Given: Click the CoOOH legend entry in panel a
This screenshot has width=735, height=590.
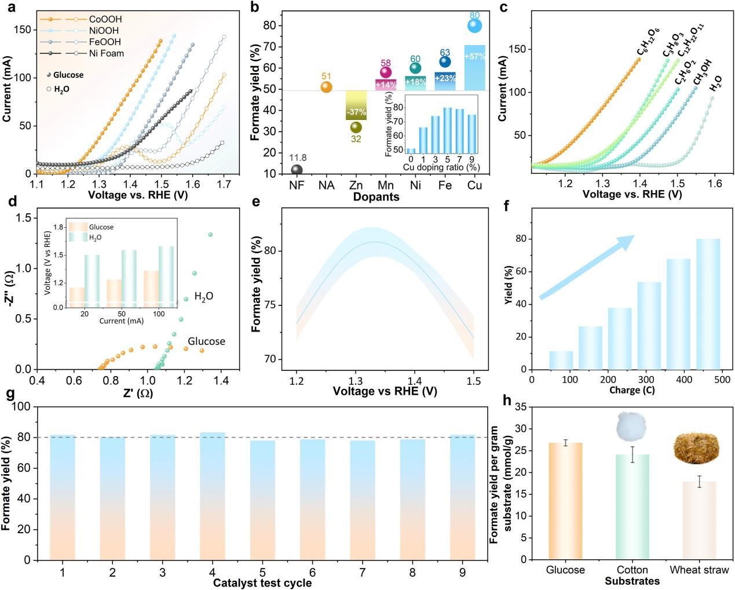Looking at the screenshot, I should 105,19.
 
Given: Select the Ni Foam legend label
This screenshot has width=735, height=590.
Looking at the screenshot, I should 106,53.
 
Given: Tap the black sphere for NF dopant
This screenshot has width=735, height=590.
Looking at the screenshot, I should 297,170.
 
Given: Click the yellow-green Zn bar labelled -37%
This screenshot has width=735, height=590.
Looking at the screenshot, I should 356,106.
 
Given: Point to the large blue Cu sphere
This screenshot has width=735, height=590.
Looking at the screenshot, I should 474,26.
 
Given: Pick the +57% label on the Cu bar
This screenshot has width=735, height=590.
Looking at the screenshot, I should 474,56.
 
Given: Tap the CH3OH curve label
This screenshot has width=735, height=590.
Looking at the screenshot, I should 702,72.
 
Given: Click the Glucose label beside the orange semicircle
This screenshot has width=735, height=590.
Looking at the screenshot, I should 206,341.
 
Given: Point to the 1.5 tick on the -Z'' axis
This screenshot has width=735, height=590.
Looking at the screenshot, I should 23,217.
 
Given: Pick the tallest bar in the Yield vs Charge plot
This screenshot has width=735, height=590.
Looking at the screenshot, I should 708,304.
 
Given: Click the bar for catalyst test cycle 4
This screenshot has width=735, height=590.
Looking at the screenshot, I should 213,496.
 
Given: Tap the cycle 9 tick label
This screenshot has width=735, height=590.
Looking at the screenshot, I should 462,573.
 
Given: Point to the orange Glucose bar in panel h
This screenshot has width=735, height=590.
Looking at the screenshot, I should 565,501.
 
